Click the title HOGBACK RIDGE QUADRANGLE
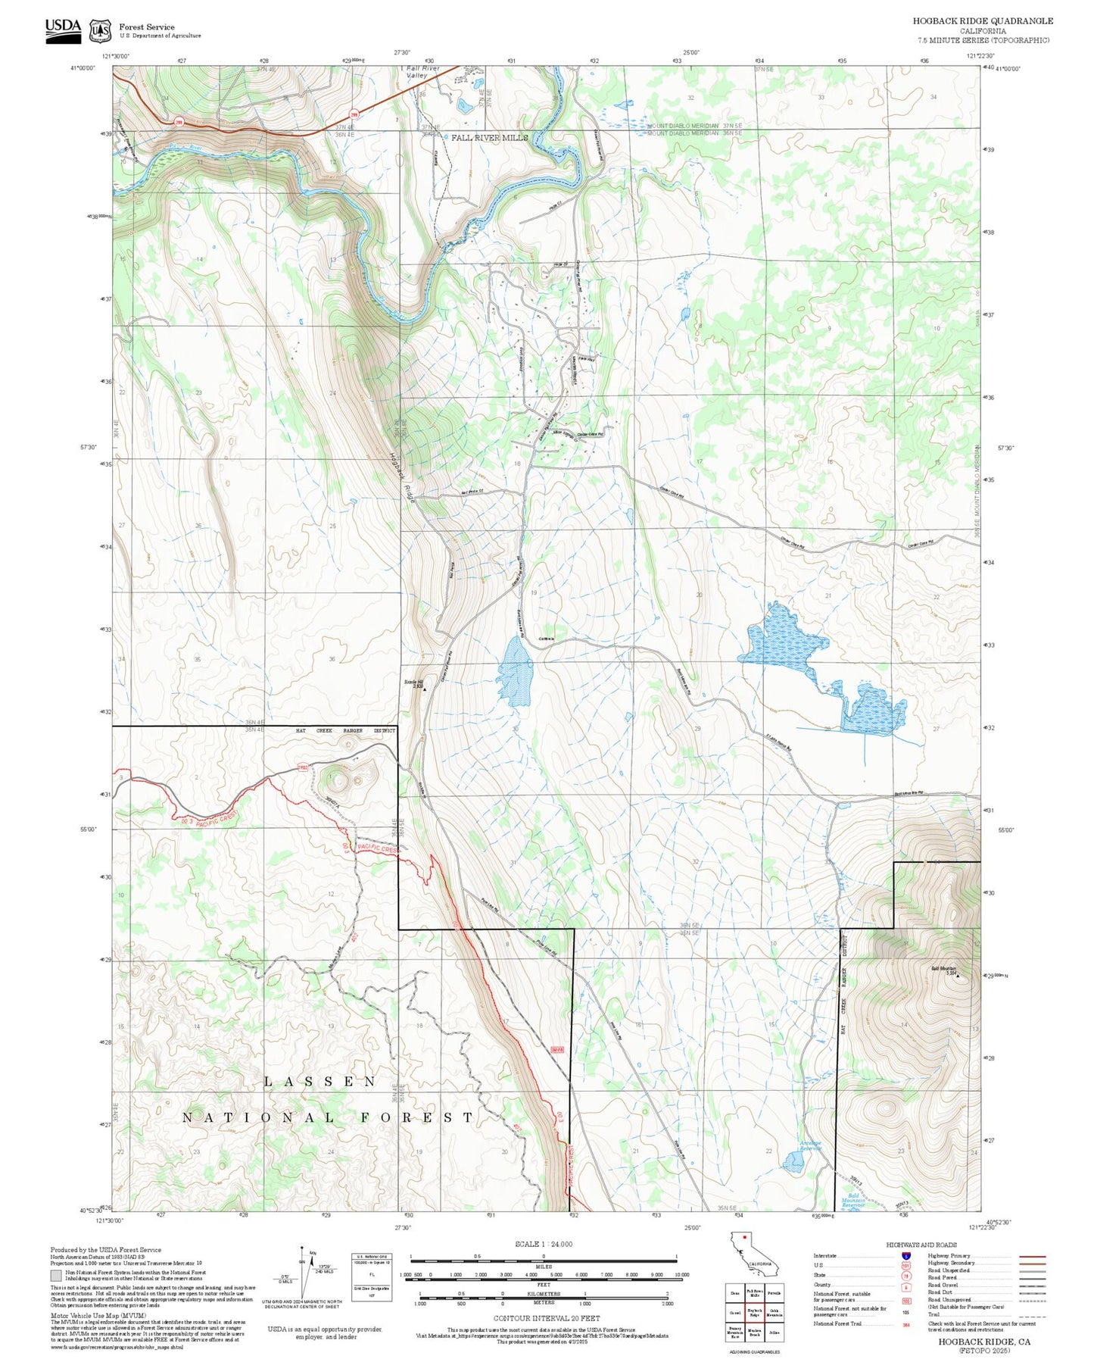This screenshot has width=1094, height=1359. pos(982,20)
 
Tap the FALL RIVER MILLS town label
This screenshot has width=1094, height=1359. pos(489,138)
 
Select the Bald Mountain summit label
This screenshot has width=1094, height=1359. pos(943,969)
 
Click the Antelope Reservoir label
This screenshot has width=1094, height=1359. pos(811,1145)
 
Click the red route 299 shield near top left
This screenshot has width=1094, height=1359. pos(179,121)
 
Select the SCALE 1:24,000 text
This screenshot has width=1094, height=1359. pos(544,1244)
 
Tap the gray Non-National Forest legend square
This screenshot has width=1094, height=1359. pos(56,1276)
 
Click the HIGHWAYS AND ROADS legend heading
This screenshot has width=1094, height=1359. pos(921,1245)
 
